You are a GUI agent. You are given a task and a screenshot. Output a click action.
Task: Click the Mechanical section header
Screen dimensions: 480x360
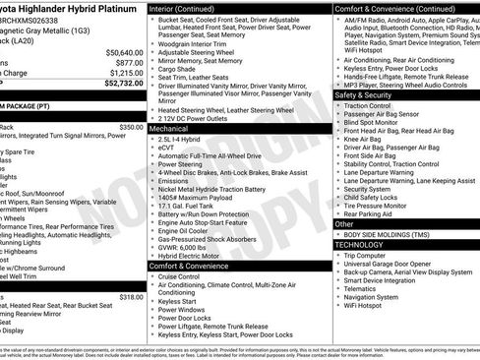(x=169, y=128)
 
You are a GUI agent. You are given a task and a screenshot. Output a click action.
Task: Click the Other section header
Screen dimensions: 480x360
(x=345, y=223)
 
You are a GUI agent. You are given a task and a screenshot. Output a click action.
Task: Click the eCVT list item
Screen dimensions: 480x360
(x=166, y=148)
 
